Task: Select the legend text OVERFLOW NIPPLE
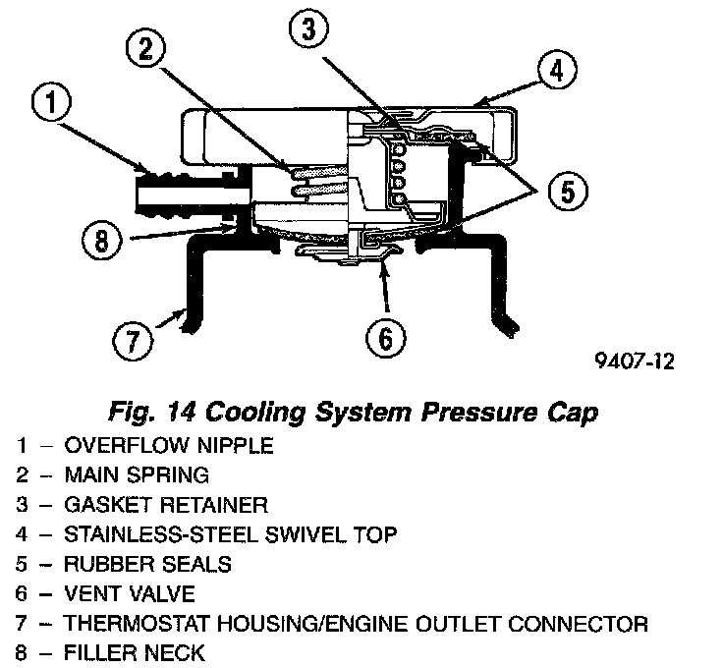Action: click(x=169, y=445)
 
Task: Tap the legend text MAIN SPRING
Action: click(x=137, y=475)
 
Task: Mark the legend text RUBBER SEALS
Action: click(x=147, y=564)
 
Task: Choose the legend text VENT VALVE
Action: click(x=130, y=593)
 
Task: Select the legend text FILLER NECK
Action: click(x=135, y=652)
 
